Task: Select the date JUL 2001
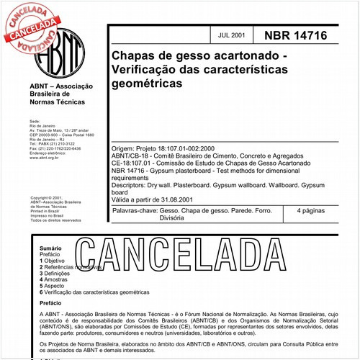click(231, 34)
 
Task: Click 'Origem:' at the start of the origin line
click(124, 148)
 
